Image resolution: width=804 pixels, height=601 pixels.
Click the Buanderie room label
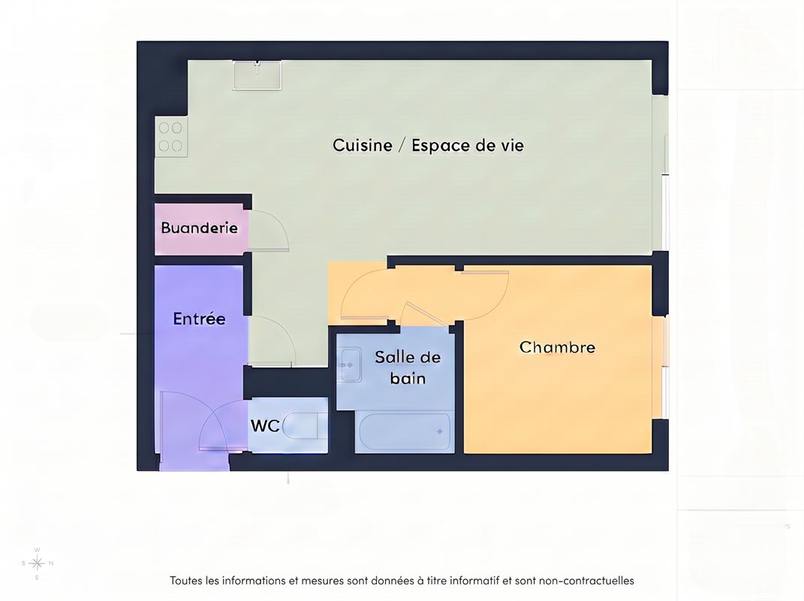[199, 228]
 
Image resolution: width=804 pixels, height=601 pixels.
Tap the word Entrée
[199, 319]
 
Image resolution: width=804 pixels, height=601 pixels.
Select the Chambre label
[557, 347]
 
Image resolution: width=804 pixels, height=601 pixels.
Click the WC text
[264, 425]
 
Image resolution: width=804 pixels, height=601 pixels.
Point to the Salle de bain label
[408, 367]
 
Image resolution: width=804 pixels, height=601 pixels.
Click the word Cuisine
[363, 145]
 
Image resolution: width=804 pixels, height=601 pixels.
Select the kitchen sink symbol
[257, 75]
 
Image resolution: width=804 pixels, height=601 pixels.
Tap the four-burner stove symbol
[170, 137]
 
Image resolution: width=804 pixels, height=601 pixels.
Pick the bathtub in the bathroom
[405, 432]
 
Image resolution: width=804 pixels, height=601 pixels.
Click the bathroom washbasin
[350, 365]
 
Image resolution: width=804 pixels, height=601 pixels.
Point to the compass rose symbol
[37, 563]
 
